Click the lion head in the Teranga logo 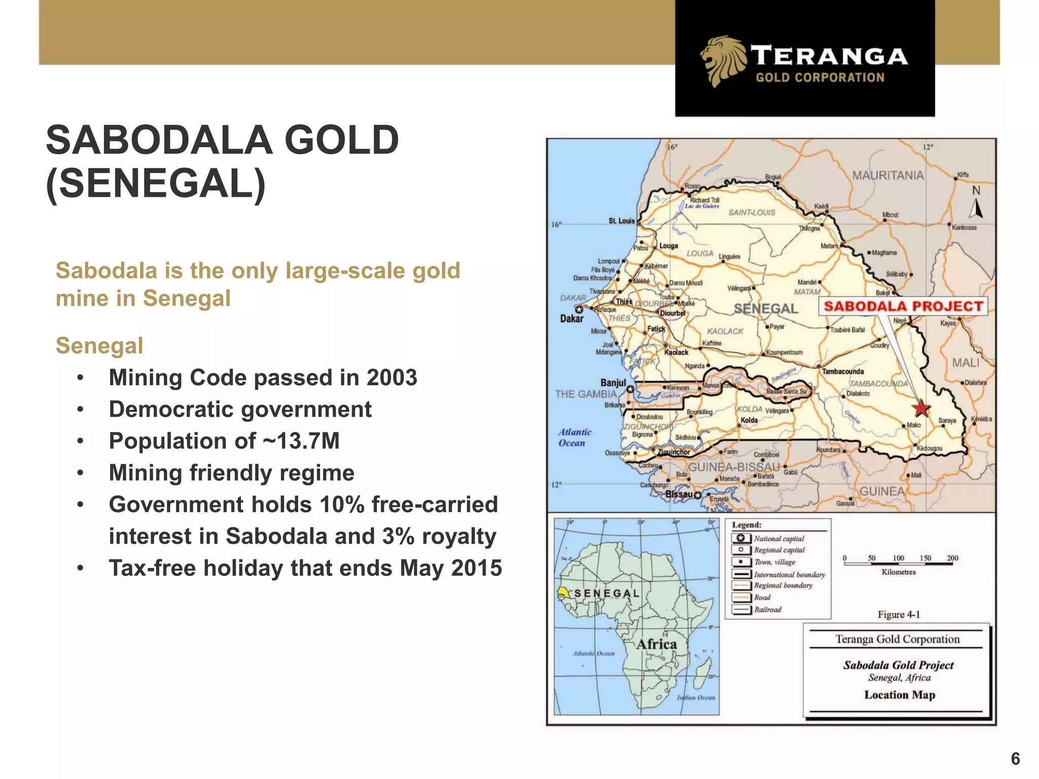pyautogui.click(x=722, y=60)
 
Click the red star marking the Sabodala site pyautogui.click(x=921, y=408)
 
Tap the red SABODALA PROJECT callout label pyautogui.click(x=903, y=306)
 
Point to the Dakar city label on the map pyautogui.click(x=571, y=319)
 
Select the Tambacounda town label pyautogui.click(x=843, y=372)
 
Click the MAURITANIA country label pyautogui.click(x=888, y=175)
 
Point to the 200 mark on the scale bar pyautogui.click(x=952, y=558)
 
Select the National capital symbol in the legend pyautogui.click(x=741, y=539)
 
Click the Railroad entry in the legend pyautogui.click(x=767, y=610)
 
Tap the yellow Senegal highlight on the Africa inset pyautogui.click(x=564, y=592)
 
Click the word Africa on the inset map pyautogui.click(x=656, y=644)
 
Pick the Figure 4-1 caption pyautogui.click(x=898, y=615)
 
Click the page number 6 pyautogui.click(x=1015, y=759)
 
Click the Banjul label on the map pyautogui.click(x=613, y=383)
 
